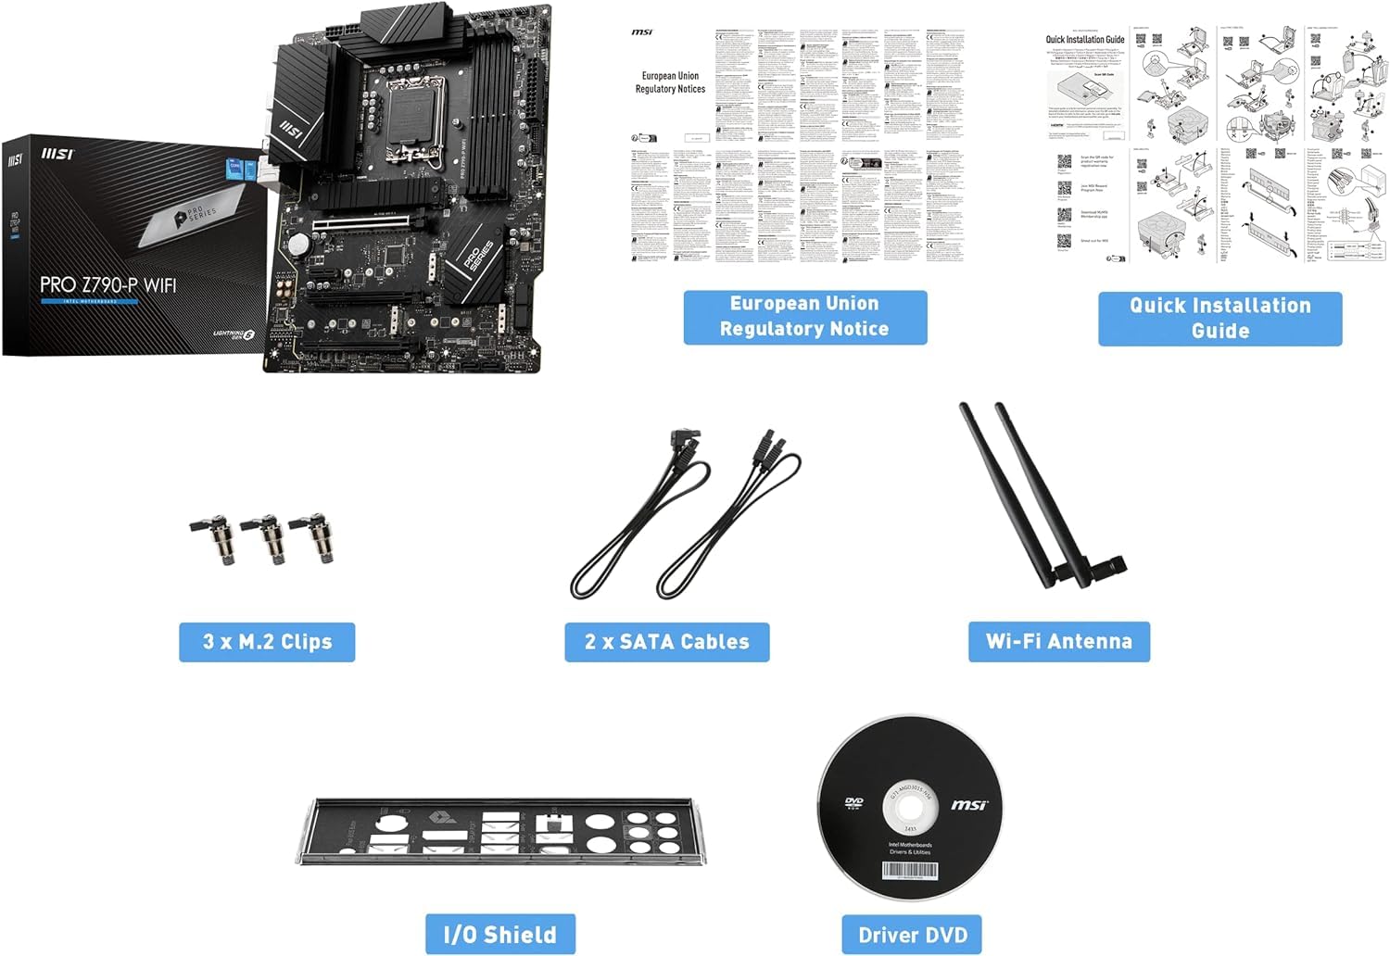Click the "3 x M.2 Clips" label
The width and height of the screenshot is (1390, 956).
pyautogui.click(x=267, y=642)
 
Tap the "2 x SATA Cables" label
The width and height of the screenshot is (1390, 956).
pyautogui.click(x=666, y=642)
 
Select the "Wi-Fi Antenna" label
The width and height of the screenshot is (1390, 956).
pyautogui.click(x=1058, y=641)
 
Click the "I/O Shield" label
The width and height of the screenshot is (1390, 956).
pyautogui.click(x=500, y=934)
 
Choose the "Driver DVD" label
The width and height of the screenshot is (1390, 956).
pyautogui.click(x=912, y=935)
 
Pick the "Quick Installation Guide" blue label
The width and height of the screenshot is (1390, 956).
pyautogui.click(x=1219, y=318)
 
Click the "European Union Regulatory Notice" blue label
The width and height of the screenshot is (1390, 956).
pyautogui.click(x=804, y=316)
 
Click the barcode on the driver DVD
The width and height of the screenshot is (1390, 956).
pyautogui.click(x=910, y=872)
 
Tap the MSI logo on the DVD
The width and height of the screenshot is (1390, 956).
pyautogui.click(x=968, y=805)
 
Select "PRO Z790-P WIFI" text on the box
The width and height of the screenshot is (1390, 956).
pyautogui.click(x=107, y=285)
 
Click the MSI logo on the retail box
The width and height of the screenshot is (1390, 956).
pyautogui.click(x=16, y=159)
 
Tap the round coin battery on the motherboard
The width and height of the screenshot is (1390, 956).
pyautogui.click(x=297, y=244)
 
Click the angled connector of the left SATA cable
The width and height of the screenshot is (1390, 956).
pyautogui.click(x=688, y=440)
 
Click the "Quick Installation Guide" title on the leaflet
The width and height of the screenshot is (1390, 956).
pyautogui.click(x=1085, y=40)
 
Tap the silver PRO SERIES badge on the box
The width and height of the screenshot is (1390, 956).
pyautogui.click(x=196, y=215)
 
